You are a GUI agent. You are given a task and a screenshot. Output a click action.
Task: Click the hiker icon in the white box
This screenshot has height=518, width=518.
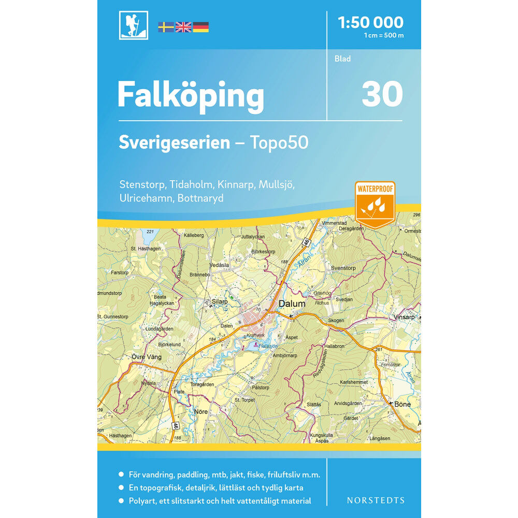pyautogui.click(x=133, y=25)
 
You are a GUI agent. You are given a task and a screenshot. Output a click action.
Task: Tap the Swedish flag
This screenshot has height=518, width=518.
pyautogui.click(x=166, y=27)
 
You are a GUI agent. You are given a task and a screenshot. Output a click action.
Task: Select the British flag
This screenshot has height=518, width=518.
pyautogui.click(x=183, y=27)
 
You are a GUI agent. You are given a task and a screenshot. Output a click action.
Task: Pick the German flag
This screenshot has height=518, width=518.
pyautogui.click(x=200, y=27)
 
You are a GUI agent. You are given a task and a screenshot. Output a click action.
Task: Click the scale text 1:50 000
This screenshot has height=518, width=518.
pyautogui.click(x=370, y=22)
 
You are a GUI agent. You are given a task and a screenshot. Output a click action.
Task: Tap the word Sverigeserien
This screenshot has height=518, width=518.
pyautogui.click(x=174, y=142)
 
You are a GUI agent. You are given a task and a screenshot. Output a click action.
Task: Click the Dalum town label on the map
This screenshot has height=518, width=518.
pyautogui.click(x=292, y=304)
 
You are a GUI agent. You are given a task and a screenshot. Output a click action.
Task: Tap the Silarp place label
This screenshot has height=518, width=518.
pyautogui.click(x=221, y=300)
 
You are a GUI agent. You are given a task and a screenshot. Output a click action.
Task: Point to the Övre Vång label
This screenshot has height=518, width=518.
pyautogui.click(x=146, y=357)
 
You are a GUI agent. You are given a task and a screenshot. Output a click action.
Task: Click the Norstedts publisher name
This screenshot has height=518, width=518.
pyautogui.click(x=375, y=500)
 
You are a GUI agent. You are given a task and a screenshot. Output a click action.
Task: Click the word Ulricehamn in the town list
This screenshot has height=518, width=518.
pyautogui.click(x=147, y=198)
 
